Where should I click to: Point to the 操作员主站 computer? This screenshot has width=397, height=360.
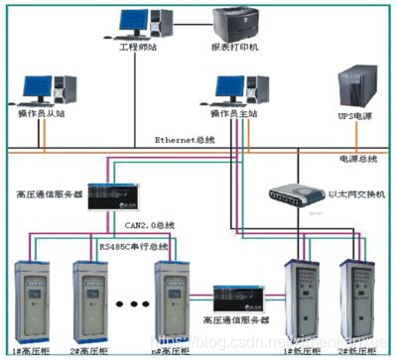click(x=231, y=91)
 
